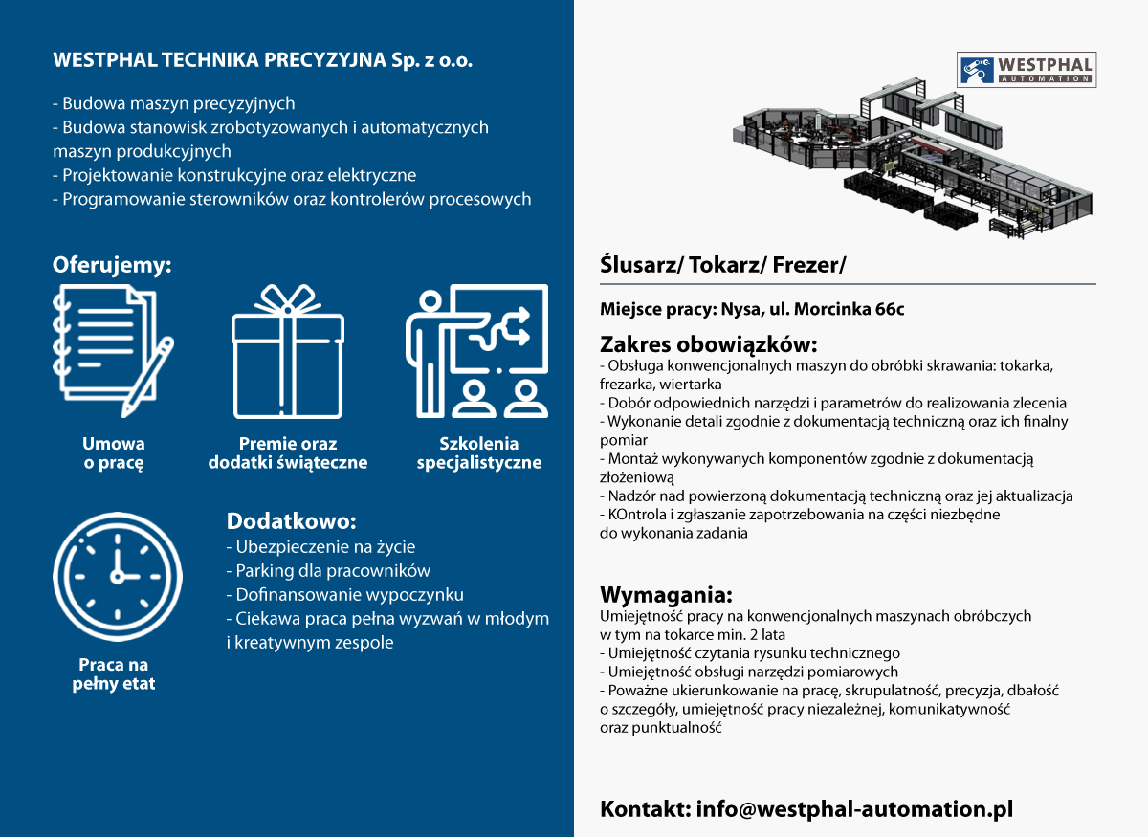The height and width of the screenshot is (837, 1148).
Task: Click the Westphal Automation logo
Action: tap(1026, 70)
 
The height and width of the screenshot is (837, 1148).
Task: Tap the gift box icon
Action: tap(288, 351)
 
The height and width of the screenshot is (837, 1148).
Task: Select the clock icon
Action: tap(118, 576)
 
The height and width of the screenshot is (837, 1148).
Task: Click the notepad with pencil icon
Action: tap(113, 351)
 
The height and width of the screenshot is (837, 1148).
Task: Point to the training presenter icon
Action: tap(476, 351)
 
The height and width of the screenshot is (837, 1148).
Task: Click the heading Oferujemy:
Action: tap(112, 265)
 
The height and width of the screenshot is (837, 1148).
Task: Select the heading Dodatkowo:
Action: tap(291, 520)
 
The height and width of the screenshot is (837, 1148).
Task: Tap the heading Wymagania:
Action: tap(666, 595)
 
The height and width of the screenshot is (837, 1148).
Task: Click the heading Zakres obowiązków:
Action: tap(708, 344)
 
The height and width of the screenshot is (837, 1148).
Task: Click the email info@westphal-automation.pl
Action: tap(854, 809)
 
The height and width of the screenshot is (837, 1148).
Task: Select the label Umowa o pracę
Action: tap(113, 453)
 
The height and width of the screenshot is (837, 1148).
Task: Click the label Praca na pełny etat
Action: tap(113, 674)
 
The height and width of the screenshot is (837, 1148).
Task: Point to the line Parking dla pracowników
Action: tap(328, 570)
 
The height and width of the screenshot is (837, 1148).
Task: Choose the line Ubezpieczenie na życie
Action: tap(320, 547)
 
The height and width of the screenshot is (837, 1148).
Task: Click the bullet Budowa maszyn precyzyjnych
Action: tap(174, 103)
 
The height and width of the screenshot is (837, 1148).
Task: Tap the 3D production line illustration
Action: tap(913, 160)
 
